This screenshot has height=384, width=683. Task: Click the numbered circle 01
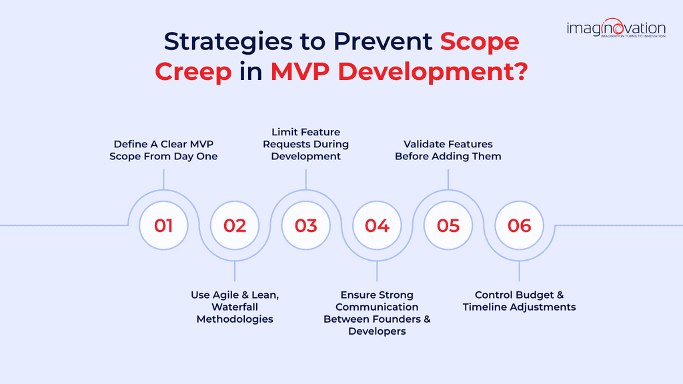tap(163, 225)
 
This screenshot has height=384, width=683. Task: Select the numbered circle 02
tap(235, 225)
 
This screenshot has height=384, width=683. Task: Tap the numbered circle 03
tap(306, 225)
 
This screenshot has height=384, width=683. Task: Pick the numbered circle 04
tap(377, 225)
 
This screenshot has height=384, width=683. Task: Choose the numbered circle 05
tap(448, 225)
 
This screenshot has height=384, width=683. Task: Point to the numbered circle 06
tap(520, 225)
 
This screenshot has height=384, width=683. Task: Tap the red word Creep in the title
tap(193, 72)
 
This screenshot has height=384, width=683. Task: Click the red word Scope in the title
tap(480, 41)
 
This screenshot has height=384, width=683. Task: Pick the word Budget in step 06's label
tap(539, 295)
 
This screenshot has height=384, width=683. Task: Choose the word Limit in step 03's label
tap(285, 131)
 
